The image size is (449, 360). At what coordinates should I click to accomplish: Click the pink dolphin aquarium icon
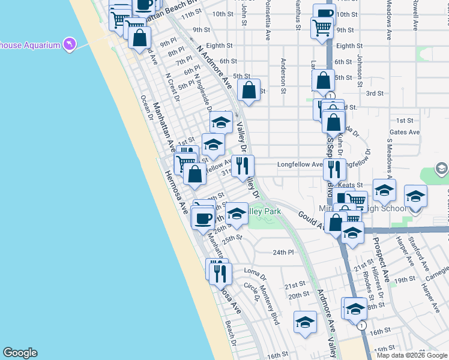pos(70,44)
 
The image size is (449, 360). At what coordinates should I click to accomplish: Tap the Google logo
pos(20,353)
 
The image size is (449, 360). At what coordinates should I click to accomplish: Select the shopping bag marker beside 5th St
pos(249,90)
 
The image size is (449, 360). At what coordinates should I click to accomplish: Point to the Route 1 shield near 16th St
pos(361,326)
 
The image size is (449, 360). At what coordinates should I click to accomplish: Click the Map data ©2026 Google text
pos(411,355)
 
